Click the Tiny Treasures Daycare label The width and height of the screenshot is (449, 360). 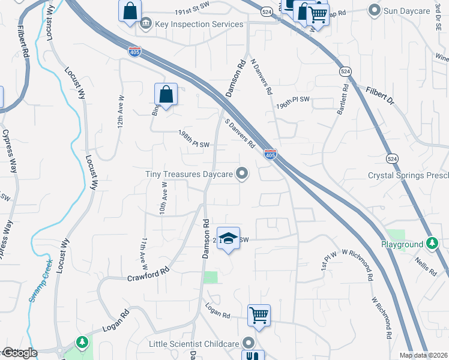tap(188, 175)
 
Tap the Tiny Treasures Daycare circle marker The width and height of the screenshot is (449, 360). tap(243, 174)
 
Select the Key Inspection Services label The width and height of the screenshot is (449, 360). tap(199, 24)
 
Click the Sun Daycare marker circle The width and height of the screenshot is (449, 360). tap(375, 10)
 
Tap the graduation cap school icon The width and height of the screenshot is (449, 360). tap(228, 238)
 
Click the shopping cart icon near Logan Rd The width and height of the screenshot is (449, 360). tap(259, 314)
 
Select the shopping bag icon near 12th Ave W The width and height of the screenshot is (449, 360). tap(166, 94)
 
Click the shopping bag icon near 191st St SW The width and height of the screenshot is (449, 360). tap(130, 11)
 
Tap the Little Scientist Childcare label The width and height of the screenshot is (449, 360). tap(194, 344)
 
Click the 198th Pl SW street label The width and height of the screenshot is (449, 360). tap(193, 141)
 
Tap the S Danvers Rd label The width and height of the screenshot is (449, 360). tap(240, 134)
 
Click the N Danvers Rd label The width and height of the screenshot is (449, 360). tap(262, 76)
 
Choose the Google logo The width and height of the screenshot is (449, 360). tap(20, 353)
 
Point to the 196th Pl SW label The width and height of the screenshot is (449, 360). tap(292, 101)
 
